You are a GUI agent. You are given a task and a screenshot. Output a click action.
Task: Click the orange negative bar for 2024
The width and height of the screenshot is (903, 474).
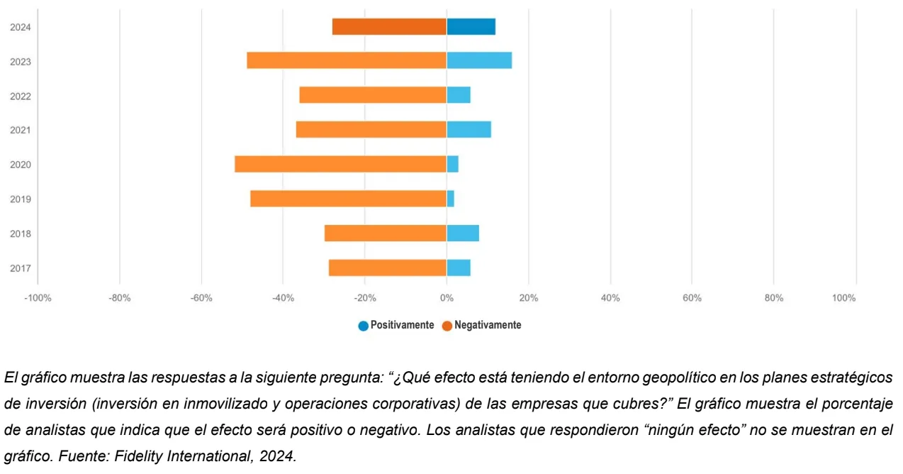point(389,27)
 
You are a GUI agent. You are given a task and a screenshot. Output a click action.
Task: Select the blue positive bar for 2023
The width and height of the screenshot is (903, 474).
point(479,61)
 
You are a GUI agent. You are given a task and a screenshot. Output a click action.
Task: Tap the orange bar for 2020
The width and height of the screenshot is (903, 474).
point(341,164)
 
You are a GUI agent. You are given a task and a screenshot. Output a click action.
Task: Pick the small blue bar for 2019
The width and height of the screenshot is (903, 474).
point(451,199)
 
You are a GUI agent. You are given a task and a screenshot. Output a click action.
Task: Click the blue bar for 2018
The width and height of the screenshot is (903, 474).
point(463,233)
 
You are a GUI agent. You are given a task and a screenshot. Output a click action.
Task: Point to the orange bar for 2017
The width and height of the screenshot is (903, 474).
point(388,268)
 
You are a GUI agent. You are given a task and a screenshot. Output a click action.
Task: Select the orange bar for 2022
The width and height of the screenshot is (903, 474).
point(373,95)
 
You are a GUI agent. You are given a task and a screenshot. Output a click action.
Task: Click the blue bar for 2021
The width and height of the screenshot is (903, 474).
point(469,130)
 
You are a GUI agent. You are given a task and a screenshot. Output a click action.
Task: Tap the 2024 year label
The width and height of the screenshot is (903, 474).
point(20,28)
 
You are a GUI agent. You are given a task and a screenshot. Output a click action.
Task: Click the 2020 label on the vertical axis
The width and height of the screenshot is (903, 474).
point(20,165)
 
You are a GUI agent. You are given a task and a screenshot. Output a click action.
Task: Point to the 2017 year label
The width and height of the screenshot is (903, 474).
point(20,268)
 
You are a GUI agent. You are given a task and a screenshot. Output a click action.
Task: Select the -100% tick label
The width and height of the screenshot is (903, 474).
point(38,298)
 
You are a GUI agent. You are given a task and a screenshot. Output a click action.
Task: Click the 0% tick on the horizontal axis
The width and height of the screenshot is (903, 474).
point(447,298)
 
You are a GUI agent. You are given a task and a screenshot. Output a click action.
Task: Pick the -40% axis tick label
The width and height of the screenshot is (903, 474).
point(283,298)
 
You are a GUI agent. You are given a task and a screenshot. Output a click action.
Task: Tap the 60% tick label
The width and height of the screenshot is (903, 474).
point(692,298)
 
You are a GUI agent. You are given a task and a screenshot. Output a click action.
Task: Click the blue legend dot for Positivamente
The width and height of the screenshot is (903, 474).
point(364,326)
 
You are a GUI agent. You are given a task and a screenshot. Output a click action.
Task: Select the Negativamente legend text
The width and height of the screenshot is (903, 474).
point(488,325)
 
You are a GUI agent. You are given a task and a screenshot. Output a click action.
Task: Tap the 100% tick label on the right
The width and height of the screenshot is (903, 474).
point(844,298)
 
